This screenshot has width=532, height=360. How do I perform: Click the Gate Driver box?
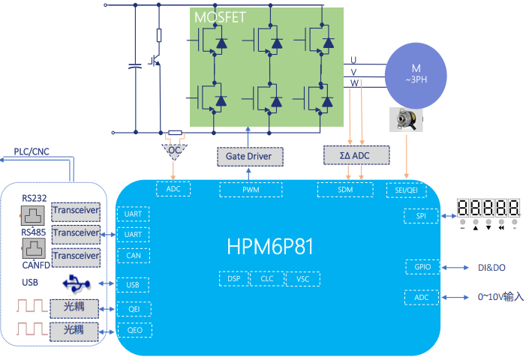click(251, 156)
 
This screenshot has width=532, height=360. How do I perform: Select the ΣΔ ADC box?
click(356, 155)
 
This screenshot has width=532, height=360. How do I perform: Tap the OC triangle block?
click(175, 150)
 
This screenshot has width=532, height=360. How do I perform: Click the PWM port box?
click(251, 190)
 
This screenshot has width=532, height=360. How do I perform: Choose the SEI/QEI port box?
click(405, 190)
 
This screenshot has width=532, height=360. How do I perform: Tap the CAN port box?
click(134, 255)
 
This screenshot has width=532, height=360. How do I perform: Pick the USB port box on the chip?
click(134, 284)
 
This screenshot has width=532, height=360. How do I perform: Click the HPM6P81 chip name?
click(268, 245)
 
